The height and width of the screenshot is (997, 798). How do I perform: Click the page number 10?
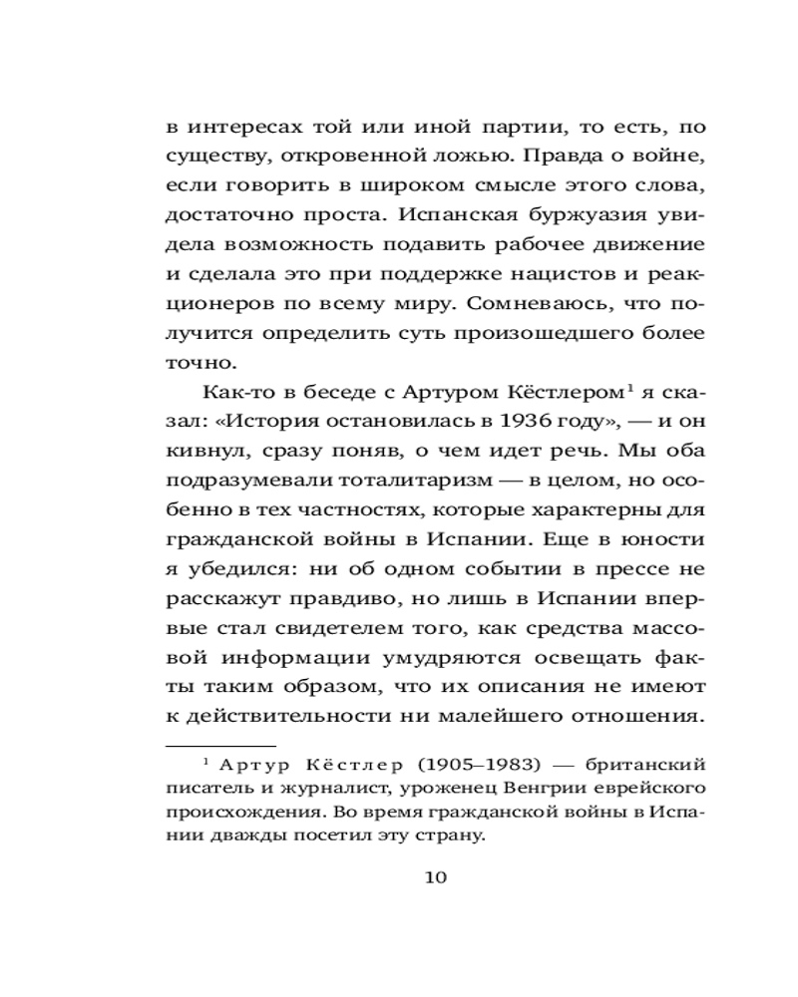(x=437, y=877)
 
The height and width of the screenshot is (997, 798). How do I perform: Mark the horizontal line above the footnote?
(x=220, y=745)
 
